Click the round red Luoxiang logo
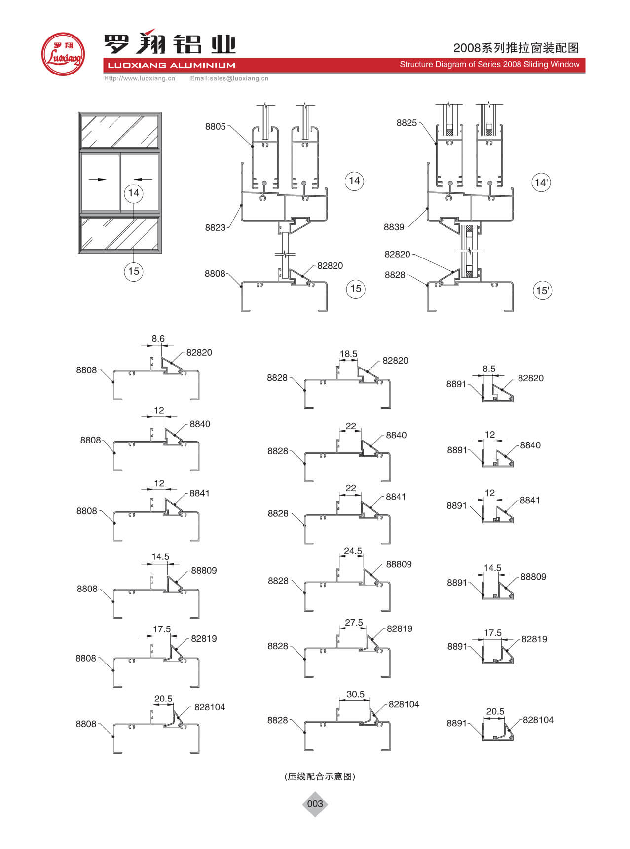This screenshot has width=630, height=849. [63, 54]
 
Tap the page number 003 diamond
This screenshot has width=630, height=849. [315, 804]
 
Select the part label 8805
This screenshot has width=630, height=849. [216, 127]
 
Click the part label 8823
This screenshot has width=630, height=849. [215, 227]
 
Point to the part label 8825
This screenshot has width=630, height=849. [407, 123]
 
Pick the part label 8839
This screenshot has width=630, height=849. [394, 227]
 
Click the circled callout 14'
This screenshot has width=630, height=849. [541, 183]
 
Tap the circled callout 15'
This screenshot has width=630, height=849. [542, 290]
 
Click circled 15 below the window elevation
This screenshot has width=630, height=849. [134, 271]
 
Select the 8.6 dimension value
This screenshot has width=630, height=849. [158, 339]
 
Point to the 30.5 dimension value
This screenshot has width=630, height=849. [355, 694]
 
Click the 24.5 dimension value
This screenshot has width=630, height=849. [353, 551]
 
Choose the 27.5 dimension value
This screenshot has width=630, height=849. [354, 623]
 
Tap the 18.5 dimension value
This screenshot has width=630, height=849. [348, 354]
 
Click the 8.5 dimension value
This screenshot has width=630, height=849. [489, 369]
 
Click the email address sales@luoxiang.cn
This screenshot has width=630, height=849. [229, 78]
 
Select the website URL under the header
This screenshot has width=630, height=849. [139, 78]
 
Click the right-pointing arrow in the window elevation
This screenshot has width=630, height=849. [101, 179]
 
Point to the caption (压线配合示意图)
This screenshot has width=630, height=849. [320, 776]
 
